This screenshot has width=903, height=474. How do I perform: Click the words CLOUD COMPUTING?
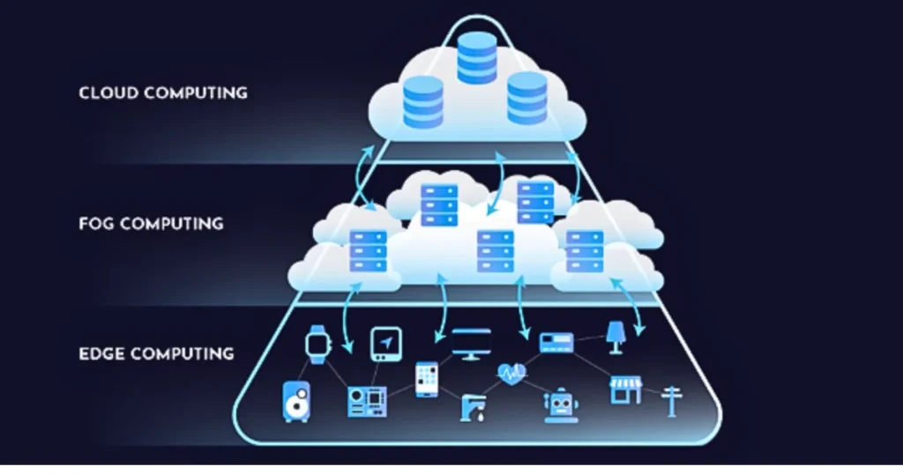click(163, 93)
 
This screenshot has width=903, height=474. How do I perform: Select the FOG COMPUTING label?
click(150, 224)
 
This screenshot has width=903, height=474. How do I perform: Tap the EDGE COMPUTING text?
click(156, 354)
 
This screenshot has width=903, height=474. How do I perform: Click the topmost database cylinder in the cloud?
click(477, 56)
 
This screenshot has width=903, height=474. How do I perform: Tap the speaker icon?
click(295, 401)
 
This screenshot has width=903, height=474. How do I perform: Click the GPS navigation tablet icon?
click(386, 344)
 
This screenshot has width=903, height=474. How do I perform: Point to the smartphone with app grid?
click(427, 379)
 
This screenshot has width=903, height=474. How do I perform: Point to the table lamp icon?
click(616, 335)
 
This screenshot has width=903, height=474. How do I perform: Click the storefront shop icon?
click(625, 389)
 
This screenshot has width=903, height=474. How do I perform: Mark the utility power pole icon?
click(671, 401)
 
